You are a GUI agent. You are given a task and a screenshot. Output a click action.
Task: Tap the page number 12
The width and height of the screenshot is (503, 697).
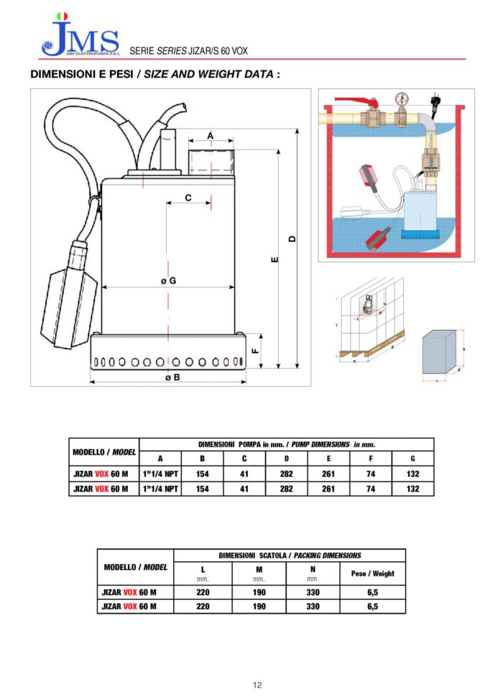(257, 684)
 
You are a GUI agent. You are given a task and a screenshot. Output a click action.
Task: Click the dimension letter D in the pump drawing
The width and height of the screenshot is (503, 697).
(292, 239)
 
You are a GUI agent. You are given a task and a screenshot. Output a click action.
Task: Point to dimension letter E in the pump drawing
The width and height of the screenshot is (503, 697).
(275, 260)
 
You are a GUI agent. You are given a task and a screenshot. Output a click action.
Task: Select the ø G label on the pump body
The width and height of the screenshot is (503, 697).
(168, 281)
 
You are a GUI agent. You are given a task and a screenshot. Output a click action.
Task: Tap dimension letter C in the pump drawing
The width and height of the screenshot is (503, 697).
(188, 197)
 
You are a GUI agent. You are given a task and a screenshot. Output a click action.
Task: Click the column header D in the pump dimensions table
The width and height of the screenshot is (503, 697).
(287, 458)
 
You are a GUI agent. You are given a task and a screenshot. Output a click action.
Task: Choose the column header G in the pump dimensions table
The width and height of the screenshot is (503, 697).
(412, 458)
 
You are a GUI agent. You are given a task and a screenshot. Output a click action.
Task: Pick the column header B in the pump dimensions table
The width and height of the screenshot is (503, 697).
(203, 458)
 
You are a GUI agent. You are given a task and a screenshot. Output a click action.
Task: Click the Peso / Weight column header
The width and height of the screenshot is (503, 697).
(372, 573)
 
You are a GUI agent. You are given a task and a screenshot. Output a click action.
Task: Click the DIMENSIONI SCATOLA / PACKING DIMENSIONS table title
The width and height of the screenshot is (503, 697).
(290, 555)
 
